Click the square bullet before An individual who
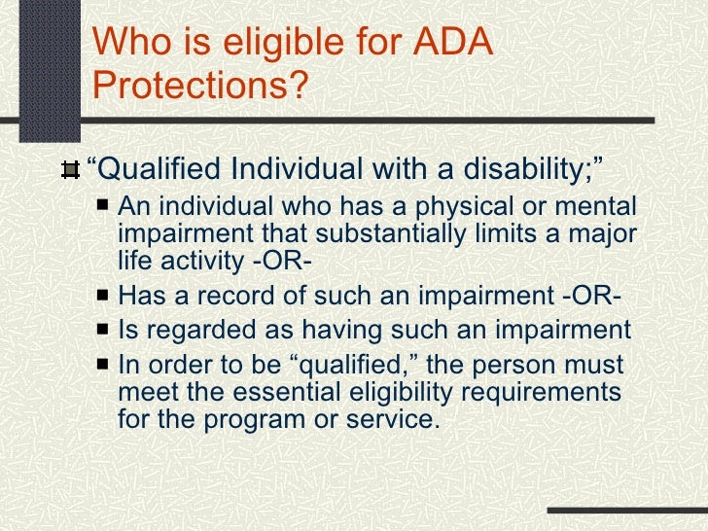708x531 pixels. (103, 207)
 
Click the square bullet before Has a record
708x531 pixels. (103, 297)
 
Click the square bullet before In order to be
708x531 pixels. (103, 366)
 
